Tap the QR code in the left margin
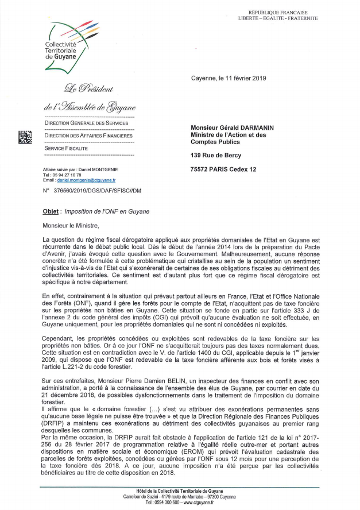point(25,138)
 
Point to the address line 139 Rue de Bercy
point(216,155)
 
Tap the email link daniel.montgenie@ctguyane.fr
point(87,180)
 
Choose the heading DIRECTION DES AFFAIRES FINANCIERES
point(88,136)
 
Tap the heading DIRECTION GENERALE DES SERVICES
point(86,123)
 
